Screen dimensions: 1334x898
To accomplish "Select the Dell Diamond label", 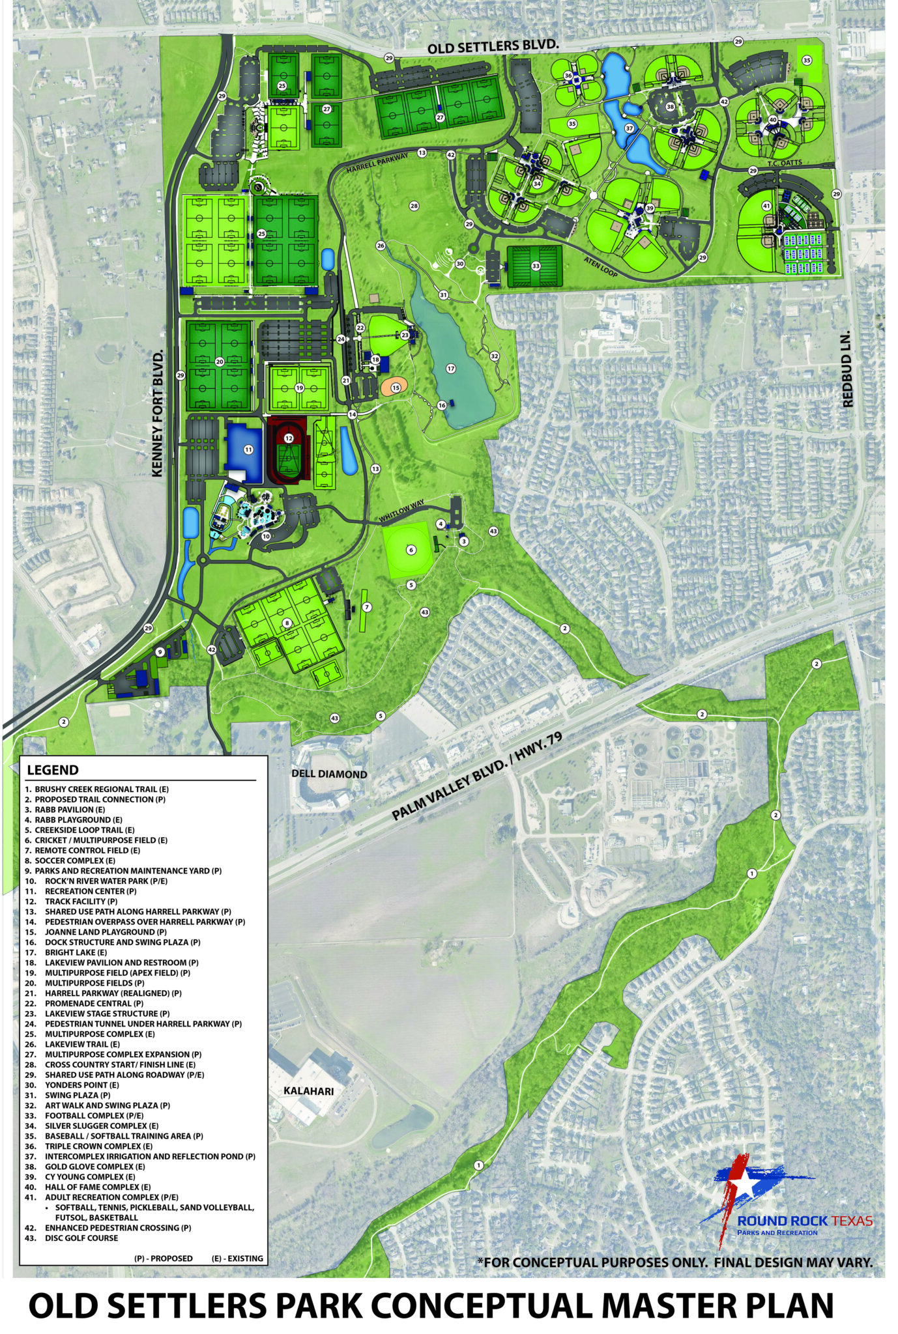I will point(328,774).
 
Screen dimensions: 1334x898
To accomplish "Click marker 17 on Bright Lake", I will point(450,369).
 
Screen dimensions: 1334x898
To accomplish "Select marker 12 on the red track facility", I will point(288,438).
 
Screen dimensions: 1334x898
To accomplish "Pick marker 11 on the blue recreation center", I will point(248,449).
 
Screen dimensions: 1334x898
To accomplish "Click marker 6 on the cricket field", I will point(411,550).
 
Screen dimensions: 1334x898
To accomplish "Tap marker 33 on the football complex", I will point(536,266).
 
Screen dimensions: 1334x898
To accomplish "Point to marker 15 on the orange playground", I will point(396,388).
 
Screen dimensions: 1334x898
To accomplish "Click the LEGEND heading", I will point(52,770).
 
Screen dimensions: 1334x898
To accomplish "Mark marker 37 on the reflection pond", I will point(629,128).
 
